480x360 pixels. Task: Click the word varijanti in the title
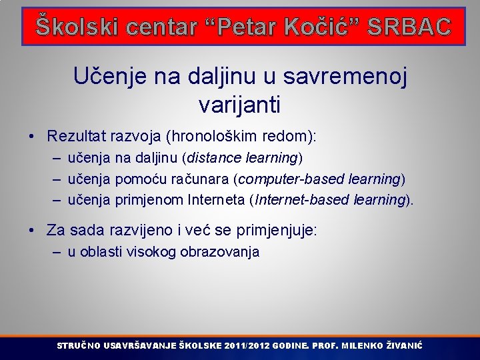coord(239,104)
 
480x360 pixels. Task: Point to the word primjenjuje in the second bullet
coord(275,231)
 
